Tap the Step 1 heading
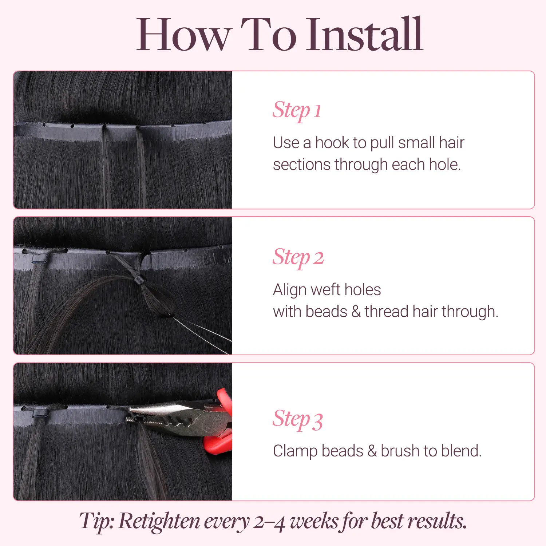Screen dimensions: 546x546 coord(297,110)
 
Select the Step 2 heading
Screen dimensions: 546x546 coord(298,257)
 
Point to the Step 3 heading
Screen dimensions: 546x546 coord(298,419)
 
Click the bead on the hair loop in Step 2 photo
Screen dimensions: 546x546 coord(138,281)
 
